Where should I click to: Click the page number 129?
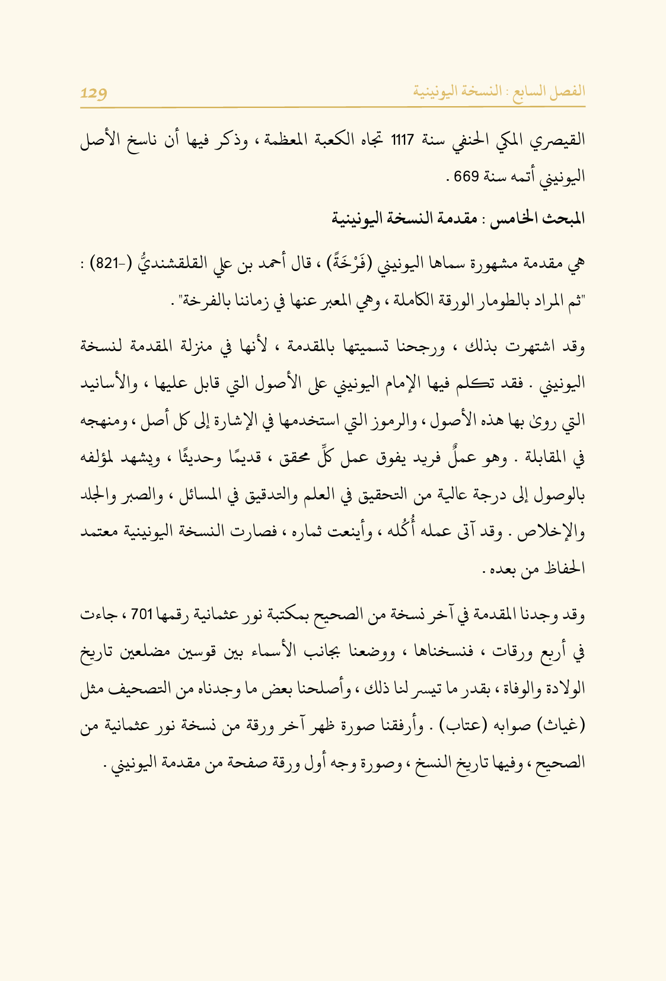click(94, 93)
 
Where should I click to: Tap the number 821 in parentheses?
click(107, 263)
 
